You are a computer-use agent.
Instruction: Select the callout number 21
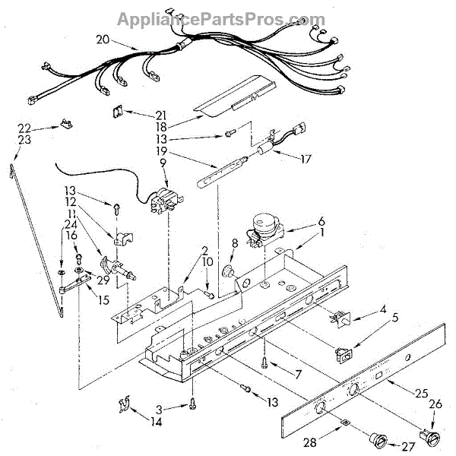click(x=161, y=115)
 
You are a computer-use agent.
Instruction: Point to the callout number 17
click(x=306, y=160)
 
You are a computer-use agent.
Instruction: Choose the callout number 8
click(x=234, y=245)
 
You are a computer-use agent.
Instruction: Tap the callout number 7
click(x=299, y=373)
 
